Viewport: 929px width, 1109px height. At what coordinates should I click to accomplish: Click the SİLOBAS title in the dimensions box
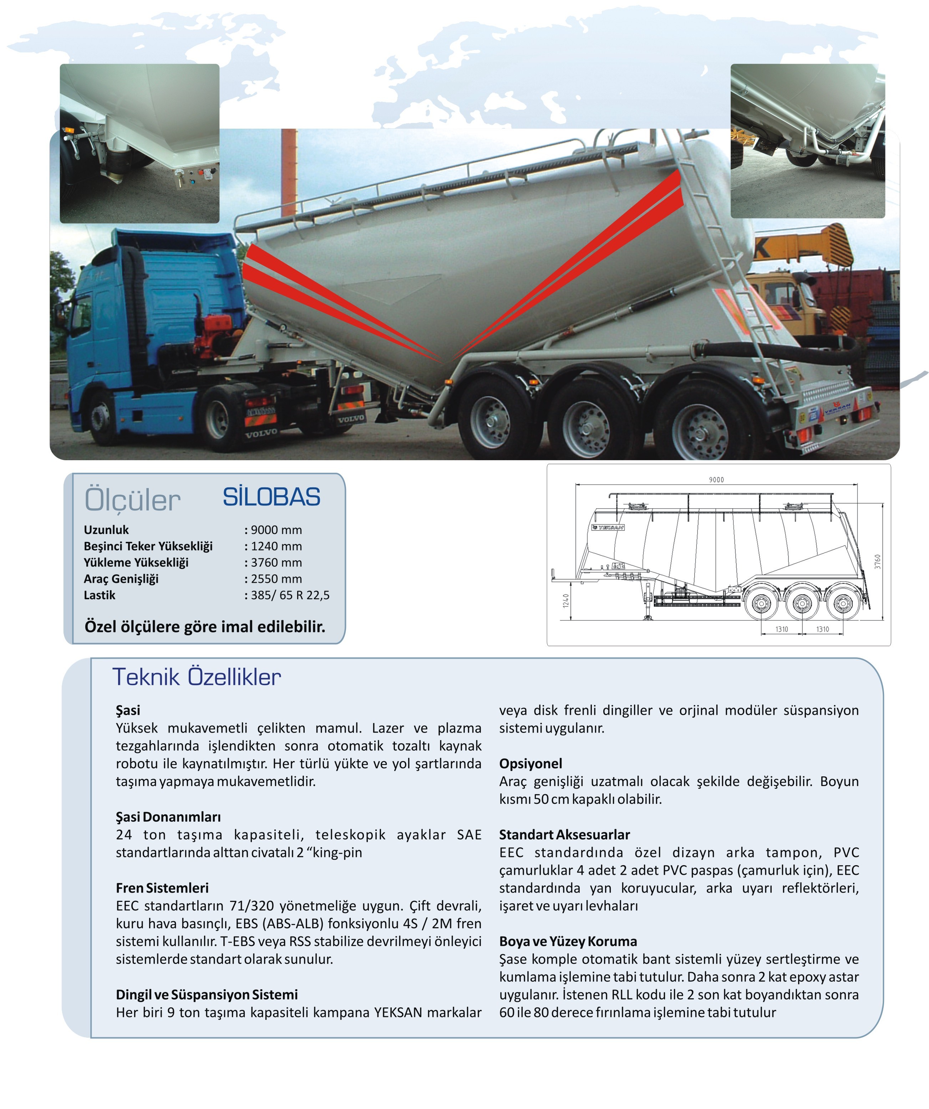(271, 497)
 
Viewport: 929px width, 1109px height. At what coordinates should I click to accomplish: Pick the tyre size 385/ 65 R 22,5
(290, 595)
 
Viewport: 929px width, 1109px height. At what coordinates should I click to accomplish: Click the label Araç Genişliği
(121, 579)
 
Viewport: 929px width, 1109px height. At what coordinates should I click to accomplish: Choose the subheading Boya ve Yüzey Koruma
(568, 941)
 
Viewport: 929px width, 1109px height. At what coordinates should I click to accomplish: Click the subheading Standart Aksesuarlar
(564, 835)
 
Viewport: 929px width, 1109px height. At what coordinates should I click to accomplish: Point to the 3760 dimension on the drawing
(878, 561)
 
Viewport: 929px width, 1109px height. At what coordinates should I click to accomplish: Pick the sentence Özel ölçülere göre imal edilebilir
(205, 627)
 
